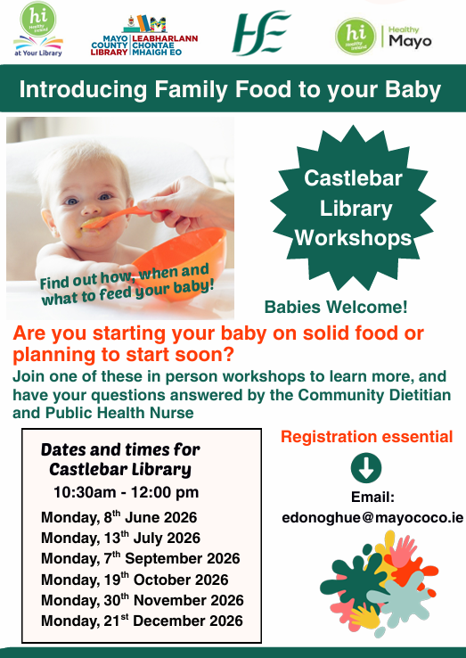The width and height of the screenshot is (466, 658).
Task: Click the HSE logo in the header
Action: coord(261,33)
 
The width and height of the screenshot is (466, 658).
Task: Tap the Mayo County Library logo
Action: coord(144,36)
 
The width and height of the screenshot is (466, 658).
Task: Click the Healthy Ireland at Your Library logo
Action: coord(38,29)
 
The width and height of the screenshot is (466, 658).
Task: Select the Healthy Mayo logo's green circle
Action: coord(356,36)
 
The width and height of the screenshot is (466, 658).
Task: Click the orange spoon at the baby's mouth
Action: coord(121,217)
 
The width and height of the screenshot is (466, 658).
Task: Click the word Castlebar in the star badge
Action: coord(353,178)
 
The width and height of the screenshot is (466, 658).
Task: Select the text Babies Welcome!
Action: coord(336,307)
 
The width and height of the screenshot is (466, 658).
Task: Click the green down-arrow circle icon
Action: coord(366,467)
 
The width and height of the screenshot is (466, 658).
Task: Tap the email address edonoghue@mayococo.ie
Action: coord(372,517)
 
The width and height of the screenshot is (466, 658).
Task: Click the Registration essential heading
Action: coord(366,436)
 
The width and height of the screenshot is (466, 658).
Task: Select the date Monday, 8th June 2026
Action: coord(119,517)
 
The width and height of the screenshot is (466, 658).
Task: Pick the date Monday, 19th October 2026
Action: coord(135,580)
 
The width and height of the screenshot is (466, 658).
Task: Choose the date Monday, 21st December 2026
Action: coord(143,621)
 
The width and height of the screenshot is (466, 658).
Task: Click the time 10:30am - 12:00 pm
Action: coord(126,492)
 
